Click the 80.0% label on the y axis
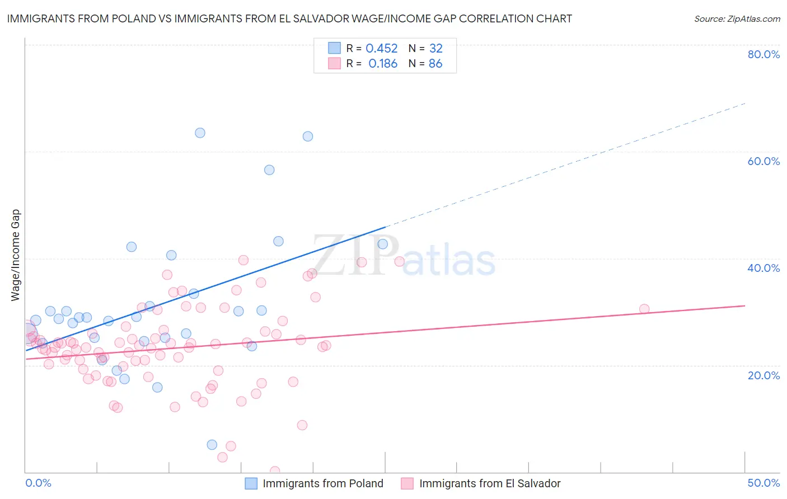tap(763, 54)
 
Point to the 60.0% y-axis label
tap(763, 161)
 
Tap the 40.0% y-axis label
tap(763, 268)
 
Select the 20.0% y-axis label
tap(763, 375)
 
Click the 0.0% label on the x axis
tap(38, 483)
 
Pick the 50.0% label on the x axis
tap(763, 483)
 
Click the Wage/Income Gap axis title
tap(16, 255)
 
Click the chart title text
tap(289, 18)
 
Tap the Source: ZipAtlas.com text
tap(737, 18)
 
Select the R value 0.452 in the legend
tap(381, 48)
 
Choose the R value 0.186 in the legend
tap(383, 64)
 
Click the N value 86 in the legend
tap(435, 64)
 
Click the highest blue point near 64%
tap(200, 133)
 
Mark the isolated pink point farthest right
tap(644, 309)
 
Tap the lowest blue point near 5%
tap(212, 445)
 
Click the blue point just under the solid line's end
tap(383, 244)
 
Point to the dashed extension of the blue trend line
tap(565, 165)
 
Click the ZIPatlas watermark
tap(404, 256)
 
